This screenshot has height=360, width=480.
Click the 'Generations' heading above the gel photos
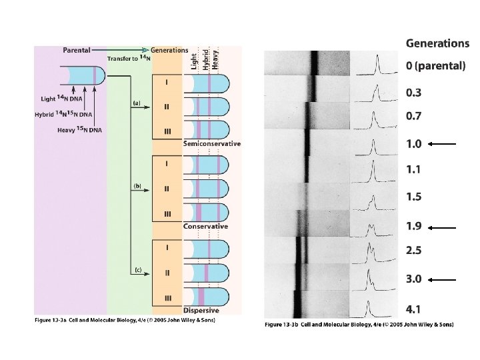point(437,43)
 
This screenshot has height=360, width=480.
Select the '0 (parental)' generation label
point(435,67)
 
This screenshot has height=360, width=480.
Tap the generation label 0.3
point(414,93)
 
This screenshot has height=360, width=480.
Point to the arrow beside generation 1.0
point(442,143)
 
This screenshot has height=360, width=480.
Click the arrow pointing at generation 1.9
point(442,227)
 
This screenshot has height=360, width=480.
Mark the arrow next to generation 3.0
point(442,280)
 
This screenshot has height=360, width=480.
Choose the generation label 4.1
point(414,309)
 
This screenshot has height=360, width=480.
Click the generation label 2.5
point(414,251)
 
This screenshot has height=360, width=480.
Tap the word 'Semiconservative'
point(212,143)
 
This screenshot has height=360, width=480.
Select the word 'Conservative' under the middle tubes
point(205,227)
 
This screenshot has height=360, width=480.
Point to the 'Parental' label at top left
point(77,50)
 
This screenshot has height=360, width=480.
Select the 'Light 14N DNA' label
point(57,99)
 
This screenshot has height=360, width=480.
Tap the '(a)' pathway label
point(137,103)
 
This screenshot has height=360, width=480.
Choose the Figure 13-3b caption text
point(359,325)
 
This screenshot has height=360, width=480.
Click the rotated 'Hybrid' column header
point(207,59)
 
